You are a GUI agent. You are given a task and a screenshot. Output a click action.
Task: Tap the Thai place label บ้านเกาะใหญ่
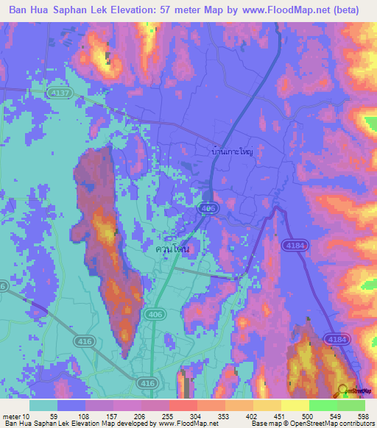[232, 151]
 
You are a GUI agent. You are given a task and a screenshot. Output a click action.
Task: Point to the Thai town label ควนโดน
[173, 249]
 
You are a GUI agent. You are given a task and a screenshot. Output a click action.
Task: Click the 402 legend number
[253, 417]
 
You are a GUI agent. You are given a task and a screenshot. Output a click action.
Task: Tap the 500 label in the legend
[309, 417]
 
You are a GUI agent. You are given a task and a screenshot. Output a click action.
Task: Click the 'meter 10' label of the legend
[17, 417]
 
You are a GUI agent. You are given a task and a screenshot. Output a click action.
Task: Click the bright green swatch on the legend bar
[323, 404]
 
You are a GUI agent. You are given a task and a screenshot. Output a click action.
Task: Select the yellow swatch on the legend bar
[295, 404]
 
